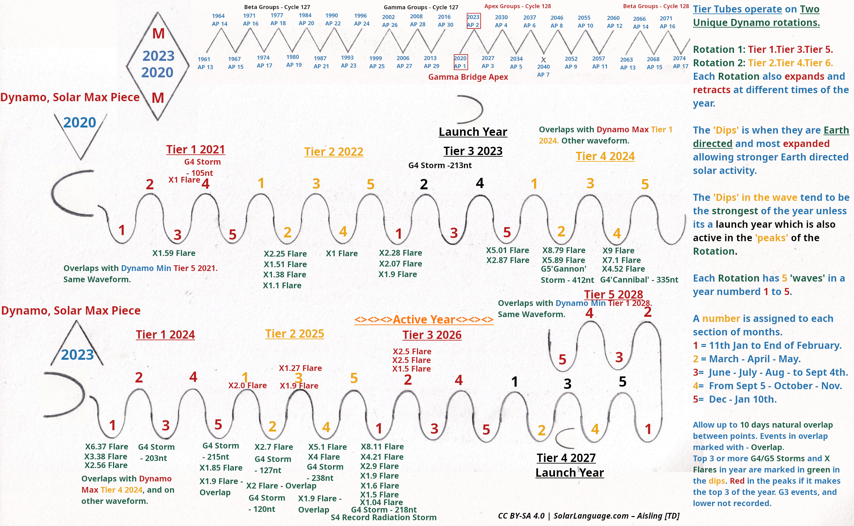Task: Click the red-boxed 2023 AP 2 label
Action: tap(473, 21)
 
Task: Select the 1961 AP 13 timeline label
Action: tap(205, 63)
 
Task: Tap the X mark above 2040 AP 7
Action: tap(543, 60)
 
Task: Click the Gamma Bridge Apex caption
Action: tap(468, 77)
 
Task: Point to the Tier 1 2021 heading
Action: tap(195, 149)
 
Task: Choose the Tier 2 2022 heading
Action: tap(333, 151)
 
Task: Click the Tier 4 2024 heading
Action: tap(605, 156)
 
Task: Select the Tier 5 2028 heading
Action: tap(614, 294)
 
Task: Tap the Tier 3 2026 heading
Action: tap(432, 335)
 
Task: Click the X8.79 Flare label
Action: tap(564, 250)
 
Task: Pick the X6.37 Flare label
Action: tap(107, 446)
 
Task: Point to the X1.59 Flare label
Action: tap(174, 253)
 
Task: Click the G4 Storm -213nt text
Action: tap(440, 165)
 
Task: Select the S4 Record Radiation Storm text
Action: tap(384, 517)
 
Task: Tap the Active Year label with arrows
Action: tap(424, 319)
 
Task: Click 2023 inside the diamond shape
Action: tap(158, 56)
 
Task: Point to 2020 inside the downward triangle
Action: tap(80, 122)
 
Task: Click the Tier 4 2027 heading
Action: tap(566, 458)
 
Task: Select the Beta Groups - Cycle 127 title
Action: tap(277, 7)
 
